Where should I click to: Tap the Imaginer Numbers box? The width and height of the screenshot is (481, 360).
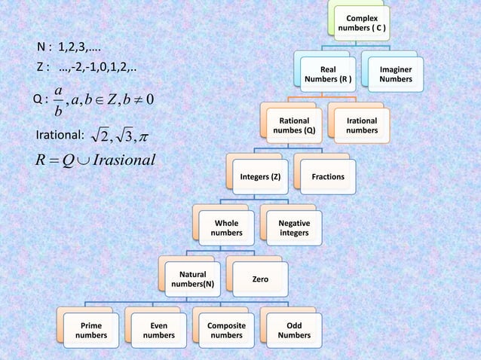coord(396,74)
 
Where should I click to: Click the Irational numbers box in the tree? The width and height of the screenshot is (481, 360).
coord(362,125)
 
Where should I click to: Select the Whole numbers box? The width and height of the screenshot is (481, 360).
coord(227,228)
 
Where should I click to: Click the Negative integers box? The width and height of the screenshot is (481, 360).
coord(294,228)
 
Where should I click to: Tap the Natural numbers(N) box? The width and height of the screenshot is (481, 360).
coord(193,279)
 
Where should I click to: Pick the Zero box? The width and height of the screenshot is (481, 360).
coord(260,279)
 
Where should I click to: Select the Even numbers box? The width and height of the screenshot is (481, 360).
coord(159,330)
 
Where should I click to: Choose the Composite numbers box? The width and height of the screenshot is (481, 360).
coord(226,330)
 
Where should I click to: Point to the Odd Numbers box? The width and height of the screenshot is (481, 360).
coord(294,330)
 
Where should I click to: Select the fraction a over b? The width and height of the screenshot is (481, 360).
coord(58,100)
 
